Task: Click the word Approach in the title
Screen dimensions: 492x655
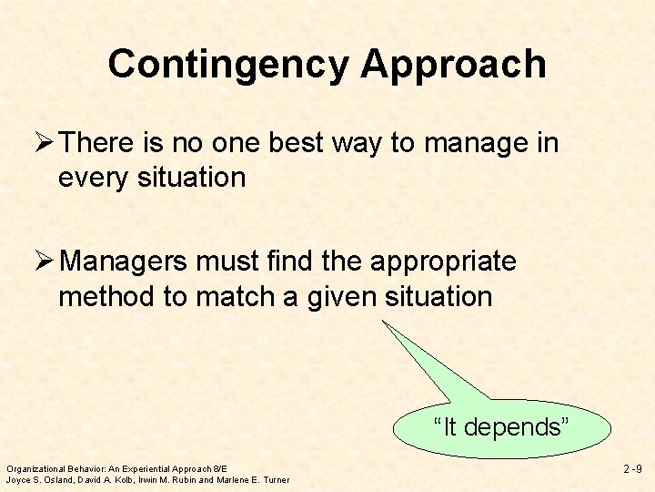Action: click(x=453, y=65)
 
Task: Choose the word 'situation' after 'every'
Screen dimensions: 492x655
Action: click(x=192, y=178)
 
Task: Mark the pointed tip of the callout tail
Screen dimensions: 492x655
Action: click(x=383, y=320)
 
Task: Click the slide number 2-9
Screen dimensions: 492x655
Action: click(x=632, y=469)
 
